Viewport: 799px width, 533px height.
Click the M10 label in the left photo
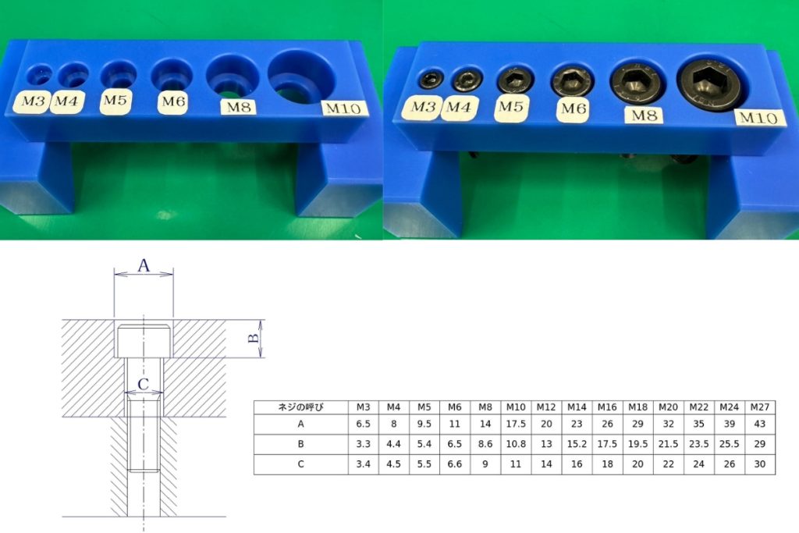pos(344,108)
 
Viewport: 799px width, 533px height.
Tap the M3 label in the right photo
pos(422,108)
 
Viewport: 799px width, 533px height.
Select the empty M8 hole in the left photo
pos(233,76)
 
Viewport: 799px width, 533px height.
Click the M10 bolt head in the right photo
pos(712,84)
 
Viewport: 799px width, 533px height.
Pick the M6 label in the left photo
pos(172,102)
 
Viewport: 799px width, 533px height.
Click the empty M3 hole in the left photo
pos(39,75)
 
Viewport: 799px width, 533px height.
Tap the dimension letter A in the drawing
pos(144,265)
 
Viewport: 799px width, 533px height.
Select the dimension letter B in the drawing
pos(254,339)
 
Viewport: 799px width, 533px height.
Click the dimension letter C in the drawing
pos(144,384)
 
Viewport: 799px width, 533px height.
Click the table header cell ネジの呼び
pos(300,407)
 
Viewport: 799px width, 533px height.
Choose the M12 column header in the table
pos(546,407)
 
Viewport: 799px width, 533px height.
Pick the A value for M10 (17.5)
pos(516,424)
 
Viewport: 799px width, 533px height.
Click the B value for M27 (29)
pos(760,444)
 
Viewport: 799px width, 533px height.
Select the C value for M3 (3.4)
pos(364,464)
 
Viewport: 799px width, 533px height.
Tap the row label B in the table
pos(300,444)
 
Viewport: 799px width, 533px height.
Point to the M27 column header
pos(760,407)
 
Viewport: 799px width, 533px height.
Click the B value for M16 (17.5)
pos(607,444)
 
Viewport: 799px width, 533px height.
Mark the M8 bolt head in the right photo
pos(637,81)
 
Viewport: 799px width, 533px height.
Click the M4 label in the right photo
pos(459,108)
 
